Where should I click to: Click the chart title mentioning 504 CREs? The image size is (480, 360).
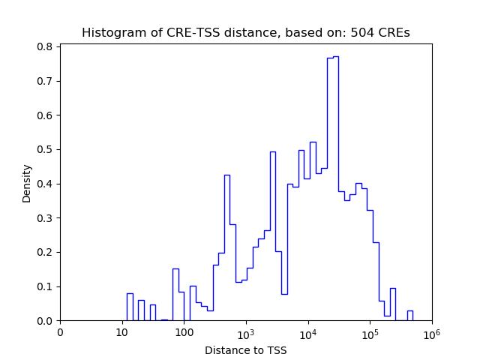(245, 33)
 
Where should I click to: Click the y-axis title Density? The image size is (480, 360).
(27, 183)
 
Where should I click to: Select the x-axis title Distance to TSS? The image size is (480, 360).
(245, 350)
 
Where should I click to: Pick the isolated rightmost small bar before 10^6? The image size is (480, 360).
(409, 316)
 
